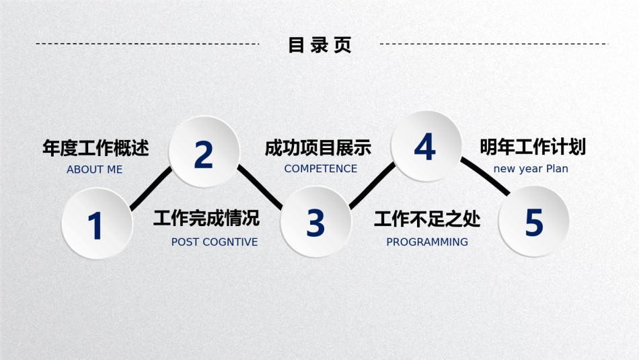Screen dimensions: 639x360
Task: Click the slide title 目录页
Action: tap(320, 45)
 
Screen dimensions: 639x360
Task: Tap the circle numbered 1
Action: tap(97, 223)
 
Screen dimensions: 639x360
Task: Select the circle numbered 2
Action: tap(204, 152)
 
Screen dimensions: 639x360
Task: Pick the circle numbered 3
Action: tap(316, 222)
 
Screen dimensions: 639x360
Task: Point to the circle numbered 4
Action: tap(426, 146)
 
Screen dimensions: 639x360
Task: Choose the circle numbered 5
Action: tap(534, 221)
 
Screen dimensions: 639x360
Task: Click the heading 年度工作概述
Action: tap(96, 147)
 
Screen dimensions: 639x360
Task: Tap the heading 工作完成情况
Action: tap(206, 218)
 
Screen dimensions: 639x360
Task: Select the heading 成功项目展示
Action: tap(318, 147)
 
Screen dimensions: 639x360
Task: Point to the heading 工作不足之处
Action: tap(427, 219)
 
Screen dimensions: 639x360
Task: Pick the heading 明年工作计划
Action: tap(533, 147)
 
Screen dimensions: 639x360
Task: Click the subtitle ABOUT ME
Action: tap(95, 169)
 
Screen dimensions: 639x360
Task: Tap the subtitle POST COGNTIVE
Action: tap(215, 242)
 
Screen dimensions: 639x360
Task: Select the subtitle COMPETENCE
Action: tap(321, 168)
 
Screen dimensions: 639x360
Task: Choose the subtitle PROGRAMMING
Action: tap(427, 242)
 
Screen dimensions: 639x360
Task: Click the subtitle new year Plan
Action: tap(531, 168)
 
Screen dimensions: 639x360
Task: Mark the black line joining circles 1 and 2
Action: tap(151, 188)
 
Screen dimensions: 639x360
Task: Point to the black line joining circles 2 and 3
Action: tap(260, 186)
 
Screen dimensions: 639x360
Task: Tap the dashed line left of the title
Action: tap(147, 44)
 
